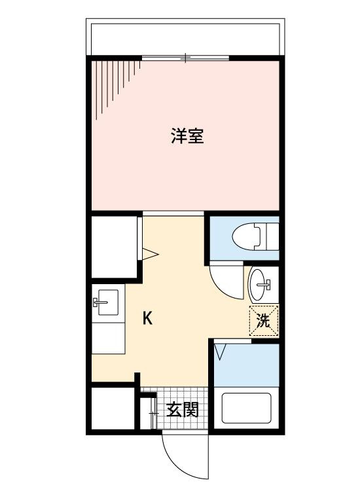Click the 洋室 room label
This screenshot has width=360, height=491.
coord(187,137)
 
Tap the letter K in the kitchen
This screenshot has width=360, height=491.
coord(148,319)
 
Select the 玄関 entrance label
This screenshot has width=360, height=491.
coord(182,410)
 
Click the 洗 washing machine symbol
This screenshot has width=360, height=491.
coord(263,321)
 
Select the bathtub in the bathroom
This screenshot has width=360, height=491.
coord(246,407)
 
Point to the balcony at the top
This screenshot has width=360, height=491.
coord(186,39)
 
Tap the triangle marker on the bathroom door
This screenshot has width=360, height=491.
coord(220,352)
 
